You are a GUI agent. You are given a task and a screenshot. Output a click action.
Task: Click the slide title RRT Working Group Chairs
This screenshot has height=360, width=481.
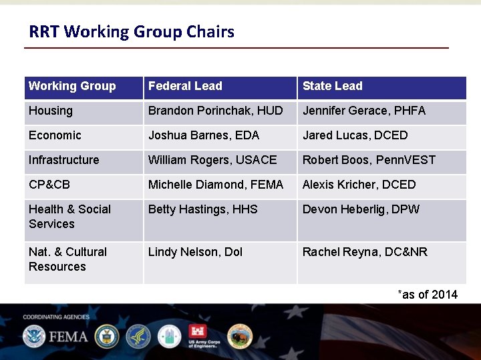point(132,32)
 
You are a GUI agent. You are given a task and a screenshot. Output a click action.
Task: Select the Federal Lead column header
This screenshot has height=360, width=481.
point(185,86)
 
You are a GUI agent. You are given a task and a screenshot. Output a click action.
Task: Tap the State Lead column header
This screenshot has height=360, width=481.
point(332,86)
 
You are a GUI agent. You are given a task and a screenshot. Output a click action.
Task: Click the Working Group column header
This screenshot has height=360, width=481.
point(72,86)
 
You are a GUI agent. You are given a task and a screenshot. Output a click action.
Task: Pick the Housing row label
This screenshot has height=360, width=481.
point(51,111)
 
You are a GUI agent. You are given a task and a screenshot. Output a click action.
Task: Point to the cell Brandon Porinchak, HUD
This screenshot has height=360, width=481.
point(215,111)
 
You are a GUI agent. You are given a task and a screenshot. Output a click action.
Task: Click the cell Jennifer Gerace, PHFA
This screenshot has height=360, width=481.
point(363,111)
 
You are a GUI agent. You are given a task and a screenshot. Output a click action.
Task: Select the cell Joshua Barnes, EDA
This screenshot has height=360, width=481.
point(203,135)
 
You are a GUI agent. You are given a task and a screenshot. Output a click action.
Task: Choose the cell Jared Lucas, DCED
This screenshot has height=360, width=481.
point(355,135)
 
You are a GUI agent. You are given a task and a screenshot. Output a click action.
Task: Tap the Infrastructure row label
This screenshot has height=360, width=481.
point(63,160)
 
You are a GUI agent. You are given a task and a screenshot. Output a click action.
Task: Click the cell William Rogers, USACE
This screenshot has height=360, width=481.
point(212,160)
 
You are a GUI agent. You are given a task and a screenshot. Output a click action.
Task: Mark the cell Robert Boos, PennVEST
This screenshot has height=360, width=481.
point(369,160)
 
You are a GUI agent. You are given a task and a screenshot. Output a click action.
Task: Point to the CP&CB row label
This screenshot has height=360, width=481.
point(49,185)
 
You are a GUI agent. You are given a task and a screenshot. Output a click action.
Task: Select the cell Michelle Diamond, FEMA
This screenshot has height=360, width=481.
point(215,185)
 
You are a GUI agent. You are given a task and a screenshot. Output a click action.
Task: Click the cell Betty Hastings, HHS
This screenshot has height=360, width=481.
point(202,209)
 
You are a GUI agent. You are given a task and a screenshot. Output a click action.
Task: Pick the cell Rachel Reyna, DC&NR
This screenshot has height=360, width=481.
point(365,252)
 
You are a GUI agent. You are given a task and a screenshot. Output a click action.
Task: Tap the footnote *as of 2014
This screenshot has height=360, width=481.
point(428,295)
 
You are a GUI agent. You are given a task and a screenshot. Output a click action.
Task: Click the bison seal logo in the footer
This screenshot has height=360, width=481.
point(240,336)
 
